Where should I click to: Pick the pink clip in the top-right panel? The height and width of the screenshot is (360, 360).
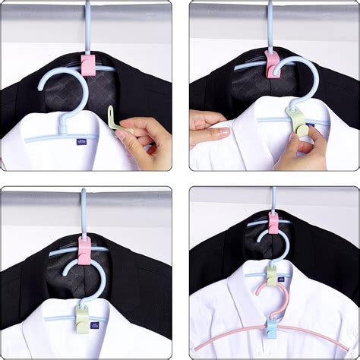pos(271,65)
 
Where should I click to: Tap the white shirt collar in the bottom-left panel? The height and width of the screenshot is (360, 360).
pos(46,319)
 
